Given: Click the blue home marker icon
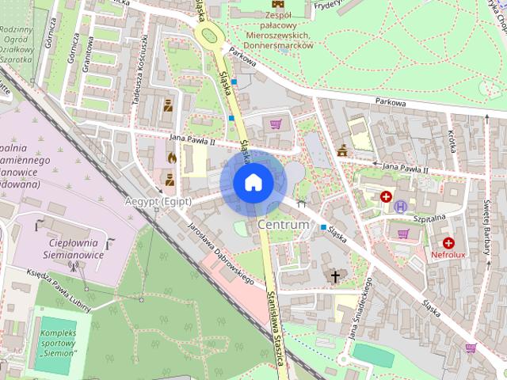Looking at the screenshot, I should click(x=253, y=183).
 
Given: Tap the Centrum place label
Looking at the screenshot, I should click(x=283, y=226).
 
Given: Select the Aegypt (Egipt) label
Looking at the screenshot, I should click(x=158, y=201).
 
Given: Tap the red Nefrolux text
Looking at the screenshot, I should click(x=448, y=256).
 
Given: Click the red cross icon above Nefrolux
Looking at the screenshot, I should click(x=448, y=243).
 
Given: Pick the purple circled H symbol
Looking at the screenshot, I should click(x=401, y=207).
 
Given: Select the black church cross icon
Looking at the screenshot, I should click(x=335, y=275).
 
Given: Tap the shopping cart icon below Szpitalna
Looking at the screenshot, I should click(x=403, y=234).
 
